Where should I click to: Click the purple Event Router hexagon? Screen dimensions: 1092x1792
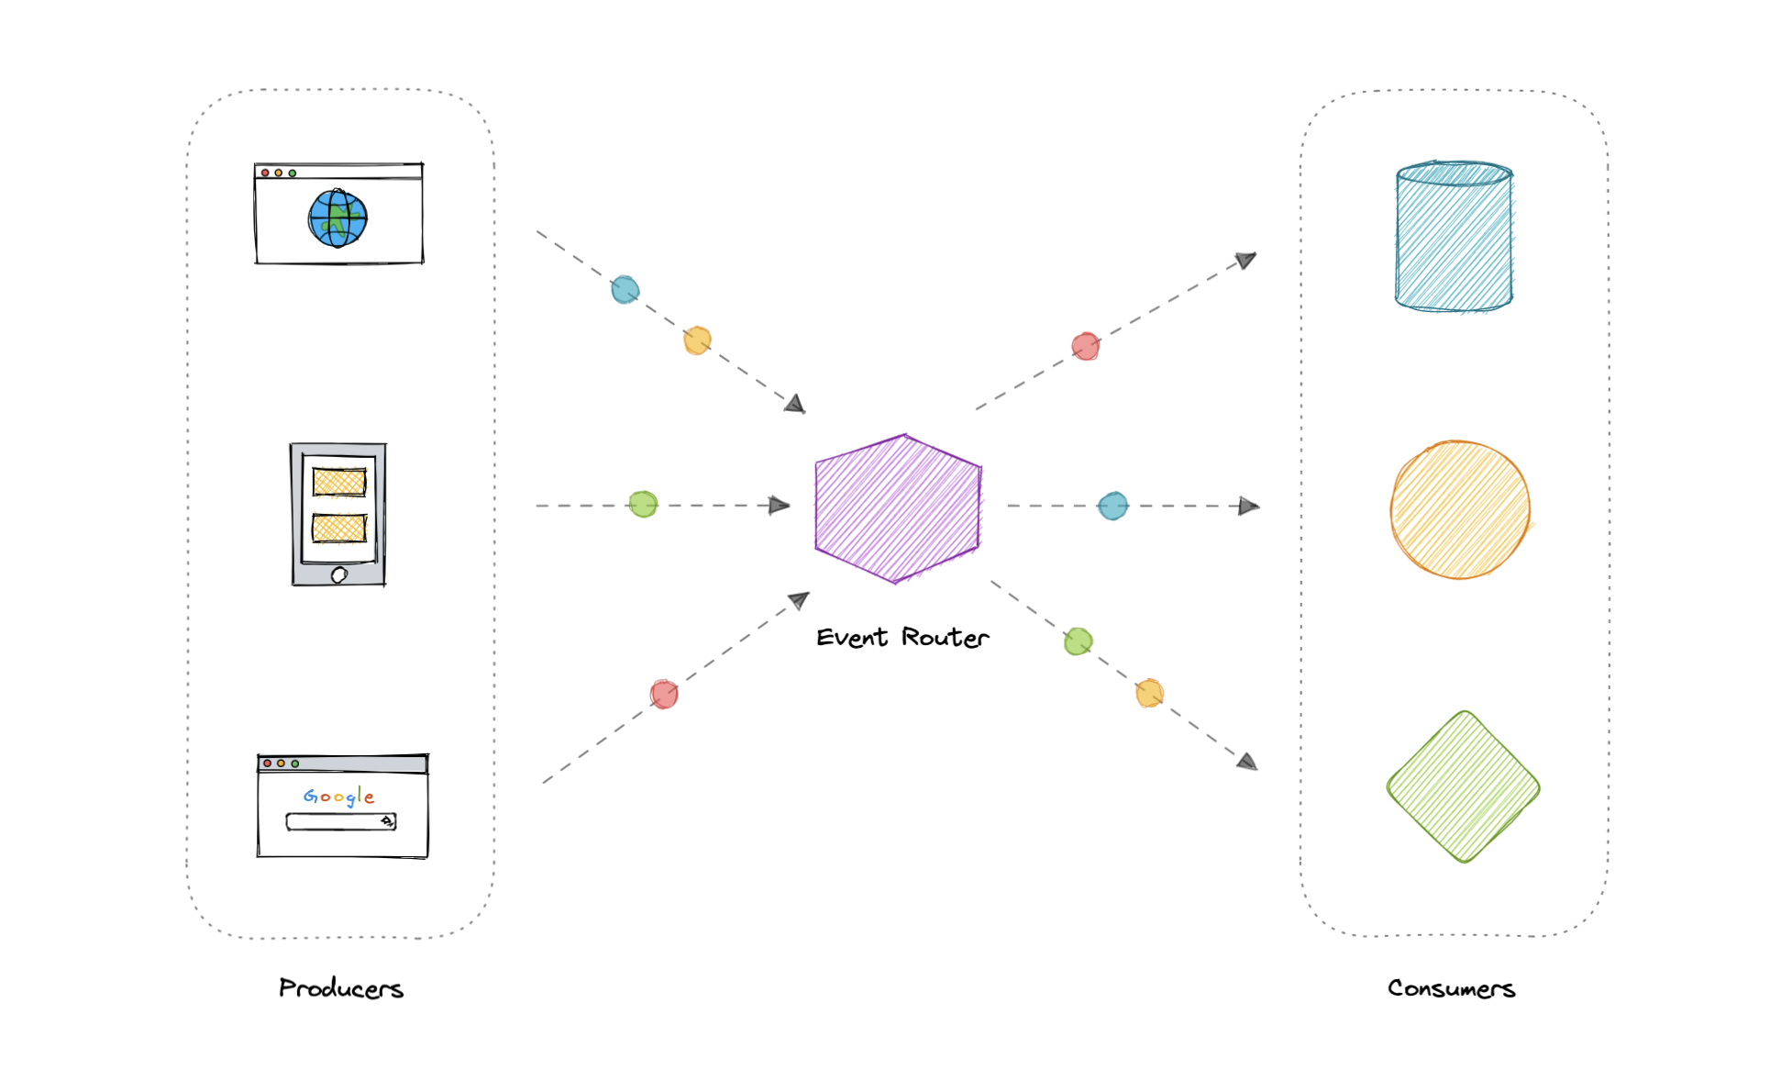[898, 508]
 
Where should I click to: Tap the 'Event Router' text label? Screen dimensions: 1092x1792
[902, 637]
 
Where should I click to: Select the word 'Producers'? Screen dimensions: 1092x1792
[341, 988]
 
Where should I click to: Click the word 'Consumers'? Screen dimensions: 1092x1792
[1451, 988]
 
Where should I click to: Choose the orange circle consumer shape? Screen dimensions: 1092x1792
[1459, 510]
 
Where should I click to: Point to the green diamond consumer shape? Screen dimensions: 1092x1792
[1463, 787]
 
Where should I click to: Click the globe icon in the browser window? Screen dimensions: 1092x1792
[337, 218]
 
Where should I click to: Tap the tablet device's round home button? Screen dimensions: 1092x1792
[338, 575]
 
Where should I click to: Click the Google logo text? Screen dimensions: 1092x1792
[339, 797]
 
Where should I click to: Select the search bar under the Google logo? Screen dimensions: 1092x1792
[340, 821]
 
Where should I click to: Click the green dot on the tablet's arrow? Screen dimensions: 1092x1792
[643, 504]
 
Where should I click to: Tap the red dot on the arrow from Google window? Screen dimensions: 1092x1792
[664, 694]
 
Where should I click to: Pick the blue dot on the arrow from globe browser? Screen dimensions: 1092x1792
[625, 290]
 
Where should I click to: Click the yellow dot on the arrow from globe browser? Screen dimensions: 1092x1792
[697, 340]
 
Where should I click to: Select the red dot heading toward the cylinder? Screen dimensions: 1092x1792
[1086, 346]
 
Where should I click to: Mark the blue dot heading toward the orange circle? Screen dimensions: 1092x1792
[1112, 506]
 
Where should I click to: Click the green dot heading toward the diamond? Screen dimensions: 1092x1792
[1079, 641]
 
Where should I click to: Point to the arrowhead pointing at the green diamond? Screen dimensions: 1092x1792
[1247, 762]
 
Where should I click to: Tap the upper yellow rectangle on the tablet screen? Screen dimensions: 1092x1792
[338, 482]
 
